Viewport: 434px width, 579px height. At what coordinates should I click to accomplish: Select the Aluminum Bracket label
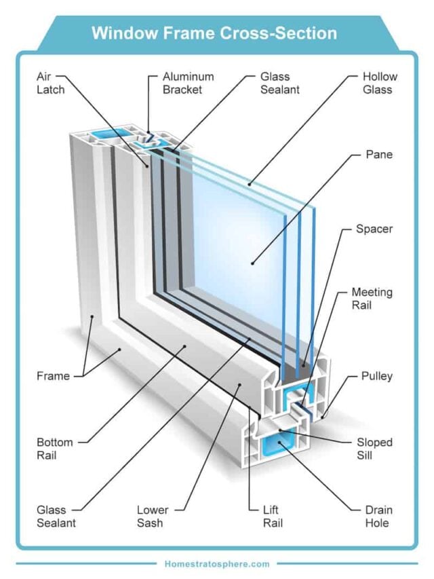(186, 83)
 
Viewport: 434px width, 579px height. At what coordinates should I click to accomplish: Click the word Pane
(379, 155)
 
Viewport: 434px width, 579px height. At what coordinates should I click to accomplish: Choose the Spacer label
(374, 229)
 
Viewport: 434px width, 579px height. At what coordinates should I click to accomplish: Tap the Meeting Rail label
(372, 299)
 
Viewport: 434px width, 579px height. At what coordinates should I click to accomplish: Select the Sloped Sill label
(374, 449)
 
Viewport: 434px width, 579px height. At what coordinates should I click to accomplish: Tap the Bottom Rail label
(54, 449)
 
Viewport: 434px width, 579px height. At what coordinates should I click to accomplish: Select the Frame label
(53, 375)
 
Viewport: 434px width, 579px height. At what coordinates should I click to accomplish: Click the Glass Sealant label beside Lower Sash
(56, 516)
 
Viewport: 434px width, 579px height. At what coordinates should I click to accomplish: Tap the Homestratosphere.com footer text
(217, 563)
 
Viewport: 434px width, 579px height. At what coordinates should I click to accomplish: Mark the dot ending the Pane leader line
(252, 261)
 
